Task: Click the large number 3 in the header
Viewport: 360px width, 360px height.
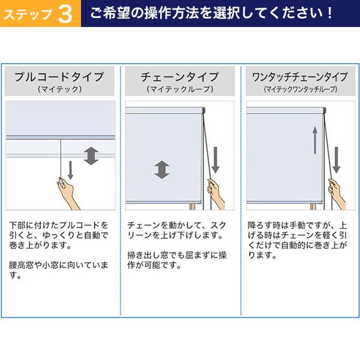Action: [x=65, y=14]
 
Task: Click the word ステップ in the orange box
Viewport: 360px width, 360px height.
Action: [x=28, y=14]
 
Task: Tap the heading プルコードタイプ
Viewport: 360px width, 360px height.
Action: [x=59, y=77]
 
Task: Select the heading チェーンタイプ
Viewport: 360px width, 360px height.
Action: [x=180, y=77]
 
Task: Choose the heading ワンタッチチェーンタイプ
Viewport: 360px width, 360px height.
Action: [x=300, y=77]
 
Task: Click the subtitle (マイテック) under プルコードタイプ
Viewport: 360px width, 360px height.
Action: [x=59, y=89]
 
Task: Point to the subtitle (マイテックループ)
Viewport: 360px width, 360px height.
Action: [x=180, y=89]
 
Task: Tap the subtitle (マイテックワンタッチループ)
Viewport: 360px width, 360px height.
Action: [x=301, y=89]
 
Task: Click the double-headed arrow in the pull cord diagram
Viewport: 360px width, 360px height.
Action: [x=91, y=156]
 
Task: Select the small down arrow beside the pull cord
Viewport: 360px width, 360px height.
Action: [x=70, y=170]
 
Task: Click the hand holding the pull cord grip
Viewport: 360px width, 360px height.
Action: [x=67, y=193]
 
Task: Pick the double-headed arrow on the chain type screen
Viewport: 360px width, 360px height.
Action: [x=162, y=170]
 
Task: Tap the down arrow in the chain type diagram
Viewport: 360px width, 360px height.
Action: [x=215, y=160]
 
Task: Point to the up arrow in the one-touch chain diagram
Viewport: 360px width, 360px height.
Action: [x=315, y=140]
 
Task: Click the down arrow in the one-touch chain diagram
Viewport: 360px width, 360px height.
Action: [x=337, y=160]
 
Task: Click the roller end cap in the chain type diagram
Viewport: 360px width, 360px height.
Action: [x=203, y=110]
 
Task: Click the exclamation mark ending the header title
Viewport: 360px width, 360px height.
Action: [x=330, y=13]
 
